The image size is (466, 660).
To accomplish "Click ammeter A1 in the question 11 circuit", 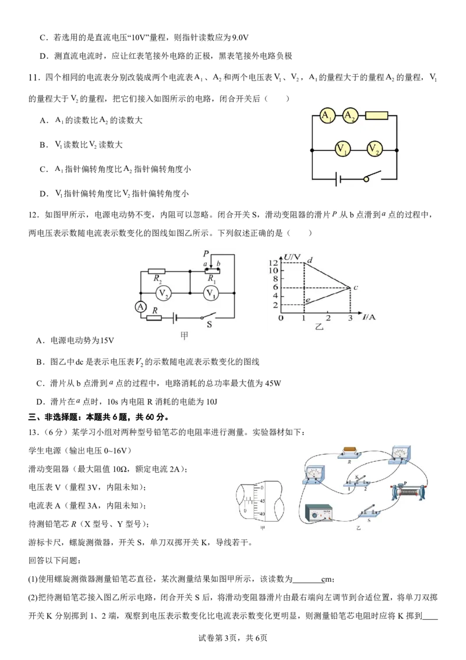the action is (327, 115).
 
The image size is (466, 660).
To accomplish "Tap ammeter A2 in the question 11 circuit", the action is (350, 115).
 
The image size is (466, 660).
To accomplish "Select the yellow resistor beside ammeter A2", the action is (376, 115).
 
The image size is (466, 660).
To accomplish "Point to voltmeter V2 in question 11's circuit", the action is (373, 149).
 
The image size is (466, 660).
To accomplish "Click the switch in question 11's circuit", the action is (372, 176).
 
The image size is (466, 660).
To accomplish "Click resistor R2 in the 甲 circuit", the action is (157, 272).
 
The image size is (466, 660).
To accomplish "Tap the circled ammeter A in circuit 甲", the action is (140, 307).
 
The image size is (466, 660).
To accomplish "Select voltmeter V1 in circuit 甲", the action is (211, 293).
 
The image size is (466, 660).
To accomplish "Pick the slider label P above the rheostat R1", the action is (206, 254).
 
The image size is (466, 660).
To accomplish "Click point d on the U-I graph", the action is (310, 260).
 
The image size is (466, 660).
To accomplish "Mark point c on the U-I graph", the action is (356, 287).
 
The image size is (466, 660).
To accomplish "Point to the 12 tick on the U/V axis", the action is (273, 262).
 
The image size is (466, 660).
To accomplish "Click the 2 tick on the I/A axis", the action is (328, 318).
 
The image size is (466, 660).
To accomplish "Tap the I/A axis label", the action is (369, 317).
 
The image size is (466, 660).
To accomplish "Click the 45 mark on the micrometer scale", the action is (262, 501).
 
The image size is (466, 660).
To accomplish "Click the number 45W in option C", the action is (273, 383).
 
